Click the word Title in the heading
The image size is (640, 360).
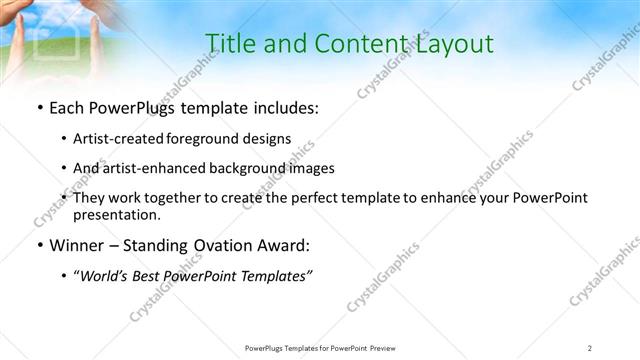(x=228, y=43)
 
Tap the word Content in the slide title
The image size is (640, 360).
(x=344, y=43)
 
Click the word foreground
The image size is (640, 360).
(x=205, y=139)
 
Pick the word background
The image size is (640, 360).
(x=252, y=168)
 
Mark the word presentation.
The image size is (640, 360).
(x=116, y=214)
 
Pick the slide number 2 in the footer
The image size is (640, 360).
(x=590, y=347)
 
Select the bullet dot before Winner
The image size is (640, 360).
(x=38, y=246)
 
